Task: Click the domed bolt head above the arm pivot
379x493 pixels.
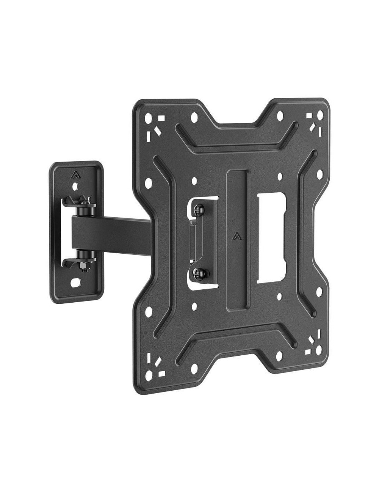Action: click(82, 205)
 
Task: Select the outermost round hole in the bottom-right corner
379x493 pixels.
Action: click(321, 352)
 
